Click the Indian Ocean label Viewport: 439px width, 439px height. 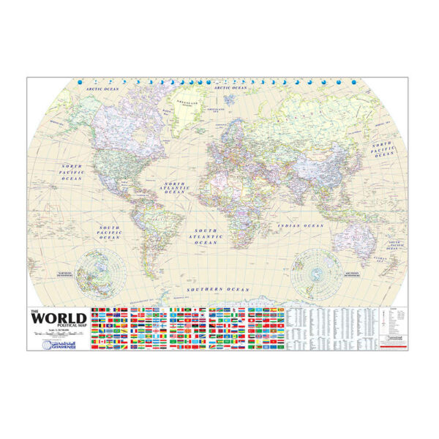click(301, 226)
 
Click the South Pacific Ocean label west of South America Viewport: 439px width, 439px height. click(109, 233)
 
